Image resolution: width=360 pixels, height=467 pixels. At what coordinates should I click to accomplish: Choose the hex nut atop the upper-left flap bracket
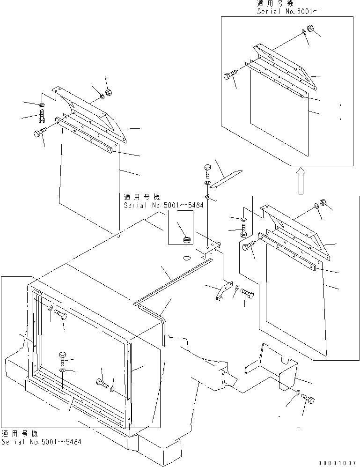pyautogui.click(x=108, y=92)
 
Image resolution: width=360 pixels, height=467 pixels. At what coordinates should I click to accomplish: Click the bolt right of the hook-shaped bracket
pyautogui.click(x=247, y=294)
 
